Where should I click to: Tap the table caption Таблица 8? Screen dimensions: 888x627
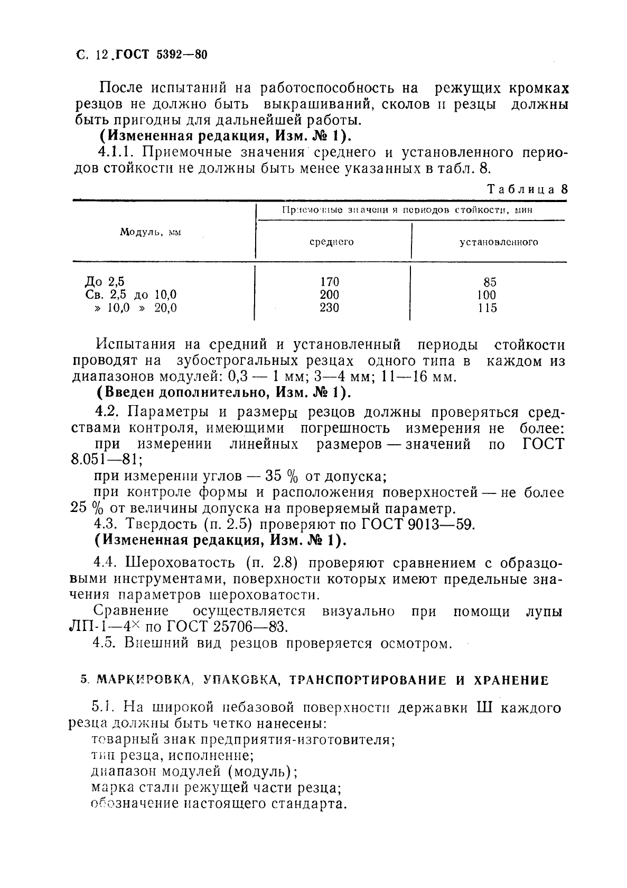[527, 189]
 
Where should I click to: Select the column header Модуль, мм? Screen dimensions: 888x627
[150, 232]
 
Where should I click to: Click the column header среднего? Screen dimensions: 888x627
[331, 242]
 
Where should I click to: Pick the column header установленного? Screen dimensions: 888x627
[499, 242]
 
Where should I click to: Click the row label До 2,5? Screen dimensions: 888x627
[105, 282]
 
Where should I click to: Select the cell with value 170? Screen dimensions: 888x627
[330, 282]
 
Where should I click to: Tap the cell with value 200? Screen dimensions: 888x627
[330, 295]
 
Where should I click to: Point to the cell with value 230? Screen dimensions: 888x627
[330, 307]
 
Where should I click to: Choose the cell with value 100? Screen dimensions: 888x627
[486, 295]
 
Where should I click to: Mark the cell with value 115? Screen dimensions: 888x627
[486, 307]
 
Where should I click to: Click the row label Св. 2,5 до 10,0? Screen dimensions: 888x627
[130, 295]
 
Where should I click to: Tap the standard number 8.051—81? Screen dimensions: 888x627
[105, 459]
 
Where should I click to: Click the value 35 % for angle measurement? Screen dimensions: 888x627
[282, 476]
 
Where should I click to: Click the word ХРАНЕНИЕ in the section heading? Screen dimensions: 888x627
[509, 680]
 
